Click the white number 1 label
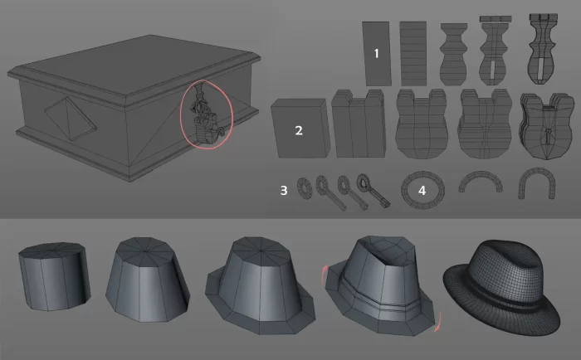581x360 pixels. [377, 54]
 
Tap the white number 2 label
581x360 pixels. [299, 130]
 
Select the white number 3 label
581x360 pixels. [284, 191]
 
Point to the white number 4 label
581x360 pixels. [422, 191]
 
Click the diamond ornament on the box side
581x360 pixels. [71, 119]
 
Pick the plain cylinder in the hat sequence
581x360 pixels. [55, 276]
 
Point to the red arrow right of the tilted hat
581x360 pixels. [438, 322]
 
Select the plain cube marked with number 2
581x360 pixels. [300, 128]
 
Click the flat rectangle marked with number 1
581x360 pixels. [377, 54]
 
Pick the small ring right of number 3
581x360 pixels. [305, 188]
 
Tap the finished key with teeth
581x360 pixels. [373, 190]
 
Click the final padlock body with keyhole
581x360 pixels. [547, 126]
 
